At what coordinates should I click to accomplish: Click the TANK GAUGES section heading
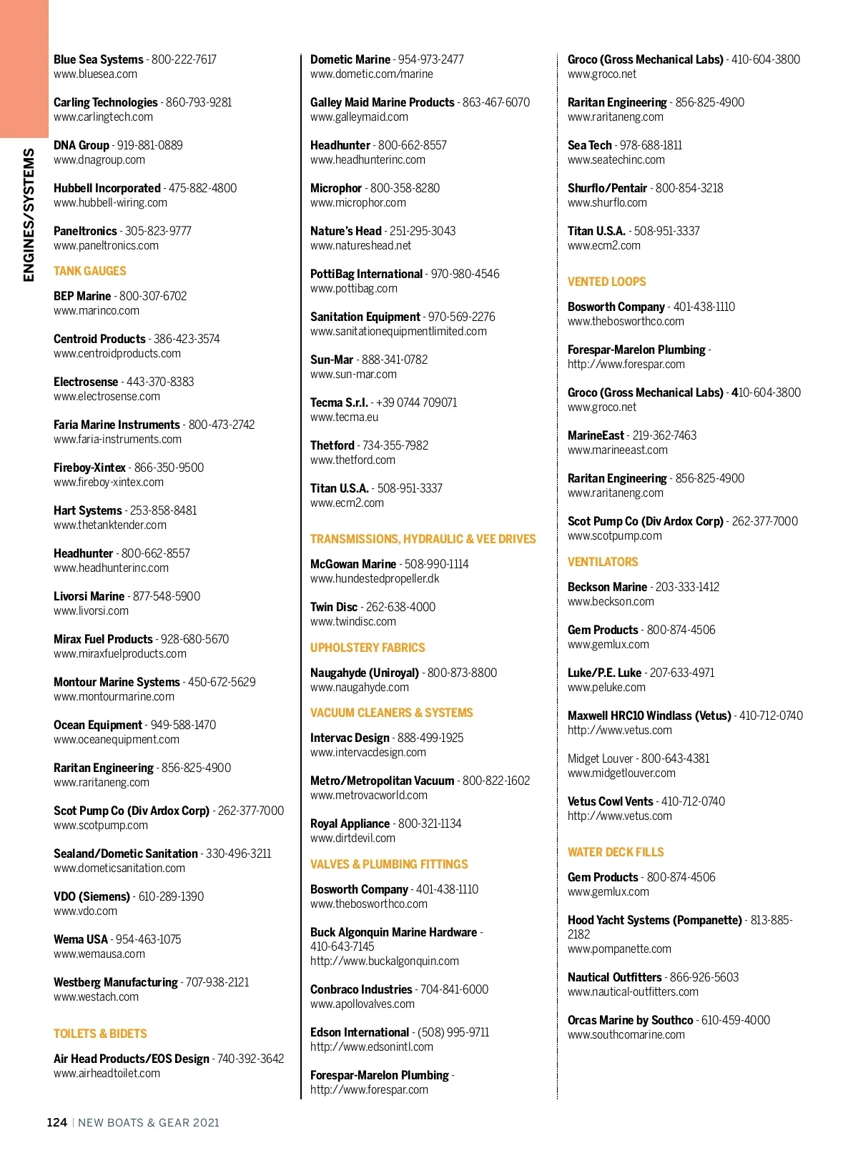click(89, 271)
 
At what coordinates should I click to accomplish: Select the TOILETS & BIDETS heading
click(100, 1034)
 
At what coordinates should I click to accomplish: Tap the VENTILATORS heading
click(603, 562)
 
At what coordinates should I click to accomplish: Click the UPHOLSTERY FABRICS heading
click(368, 648)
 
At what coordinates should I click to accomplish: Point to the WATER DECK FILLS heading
click(616, 852)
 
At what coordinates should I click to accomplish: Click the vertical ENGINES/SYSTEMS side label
click(29, 214)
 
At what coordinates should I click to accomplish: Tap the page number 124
click(56, 1122)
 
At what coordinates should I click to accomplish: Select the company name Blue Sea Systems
click(99, 59)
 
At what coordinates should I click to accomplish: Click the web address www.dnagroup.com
click(99, 160)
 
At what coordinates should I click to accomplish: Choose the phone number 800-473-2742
click(222, 425)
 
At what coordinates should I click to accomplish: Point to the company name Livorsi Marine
click(89, 596)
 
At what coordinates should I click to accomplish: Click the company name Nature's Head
click(346, 231)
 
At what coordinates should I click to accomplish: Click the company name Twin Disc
click(334, 607)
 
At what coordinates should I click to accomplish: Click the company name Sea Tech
click(590, 145)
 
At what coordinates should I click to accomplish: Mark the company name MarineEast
click(596, 435)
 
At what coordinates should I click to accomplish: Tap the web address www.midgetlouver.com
click(621, 773)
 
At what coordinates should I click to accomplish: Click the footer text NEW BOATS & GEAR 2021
click(149, 1122)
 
